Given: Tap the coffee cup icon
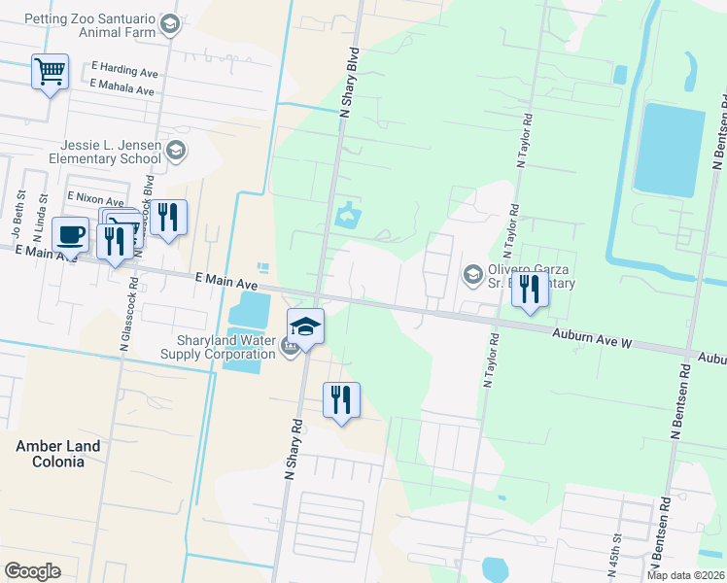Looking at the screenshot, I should [x=70, y=234].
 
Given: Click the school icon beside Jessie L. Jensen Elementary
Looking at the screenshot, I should [x=175, y=151].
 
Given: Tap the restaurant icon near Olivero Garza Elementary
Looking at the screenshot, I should [x=530, y=289].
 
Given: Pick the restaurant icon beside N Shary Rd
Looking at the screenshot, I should [x=341, y=399].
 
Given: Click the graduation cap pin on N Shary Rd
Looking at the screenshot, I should [x=305, y=326].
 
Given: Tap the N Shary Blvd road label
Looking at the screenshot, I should [x=349, y=83].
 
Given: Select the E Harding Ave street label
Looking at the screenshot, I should [x=124, y=71].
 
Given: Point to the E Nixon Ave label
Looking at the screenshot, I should [x=94, y=198].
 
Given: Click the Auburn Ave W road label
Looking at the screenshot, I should [x=593, y=339].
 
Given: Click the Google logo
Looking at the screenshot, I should [x=32, y=571].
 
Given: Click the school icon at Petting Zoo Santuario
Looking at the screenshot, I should [x=171, y=24].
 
